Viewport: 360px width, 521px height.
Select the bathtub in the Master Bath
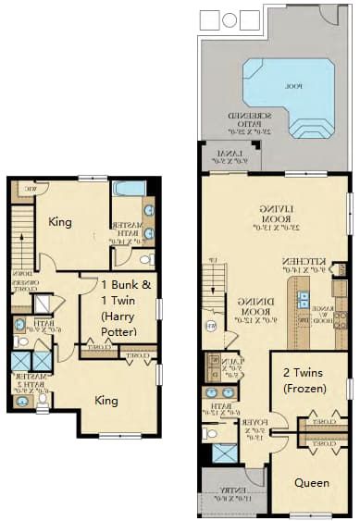click(x=128, y=189)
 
